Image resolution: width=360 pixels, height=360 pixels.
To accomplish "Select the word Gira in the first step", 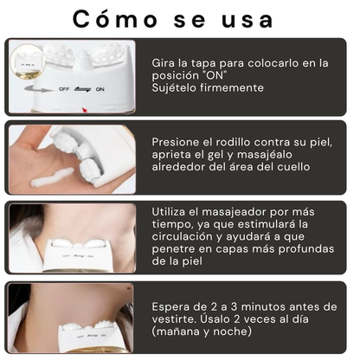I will (x=166, y=63).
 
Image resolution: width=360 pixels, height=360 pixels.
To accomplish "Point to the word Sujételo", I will (x=179, y=87).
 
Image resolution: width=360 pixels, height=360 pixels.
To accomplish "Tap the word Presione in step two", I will (x=178, y=141).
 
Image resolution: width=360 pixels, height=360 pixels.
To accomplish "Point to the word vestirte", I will (x=179, y=318).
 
